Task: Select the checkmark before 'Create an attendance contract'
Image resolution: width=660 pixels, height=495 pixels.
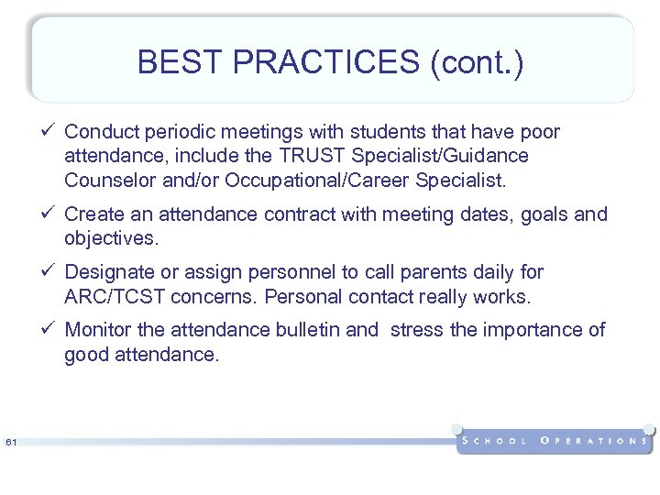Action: (x=51, y=214)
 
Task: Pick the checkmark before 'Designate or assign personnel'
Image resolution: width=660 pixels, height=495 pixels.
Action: (x=51, y=272)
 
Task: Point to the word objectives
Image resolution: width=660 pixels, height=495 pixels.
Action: (x=110, y=238)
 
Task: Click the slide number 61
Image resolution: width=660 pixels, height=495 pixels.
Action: (x=11, y=444)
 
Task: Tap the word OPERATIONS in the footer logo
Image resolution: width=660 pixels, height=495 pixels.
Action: (x=593, y=441)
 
